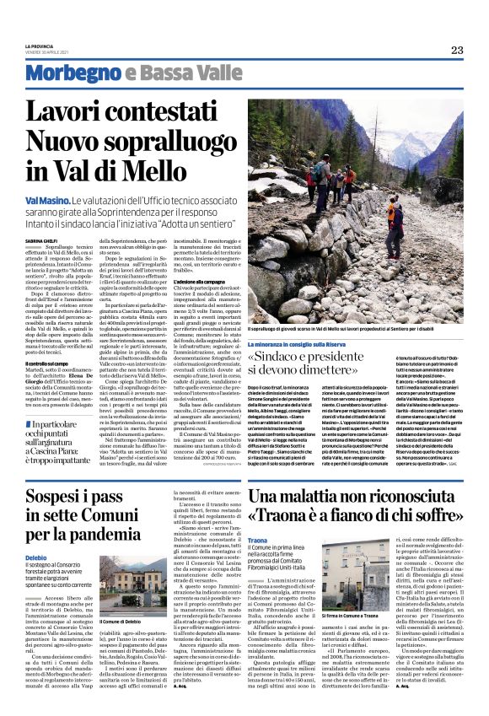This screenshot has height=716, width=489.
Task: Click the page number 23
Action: (456, 50)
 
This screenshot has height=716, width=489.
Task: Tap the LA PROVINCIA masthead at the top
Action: (40, 45)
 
